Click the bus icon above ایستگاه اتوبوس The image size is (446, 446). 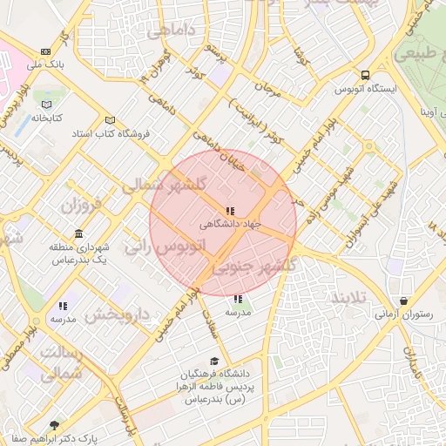click(x=365, y=75)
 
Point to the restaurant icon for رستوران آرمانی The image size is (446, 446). click(x=402, y=301)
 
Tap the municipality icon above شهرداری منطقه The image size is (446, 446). click(x=79, y=234)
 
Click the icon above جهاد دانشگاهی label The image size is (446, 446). click(x=229, y=211)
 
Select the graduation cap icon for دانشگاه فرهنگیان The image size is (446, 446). click(x=215, y=362)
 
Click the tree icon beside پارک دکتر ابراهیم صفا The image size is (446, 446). click(x=55, y=426)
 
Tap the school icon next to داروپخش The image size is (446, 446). click(x=63, y=306)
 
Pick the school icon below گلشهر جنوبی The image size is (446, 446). click(x=239, y=300)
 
